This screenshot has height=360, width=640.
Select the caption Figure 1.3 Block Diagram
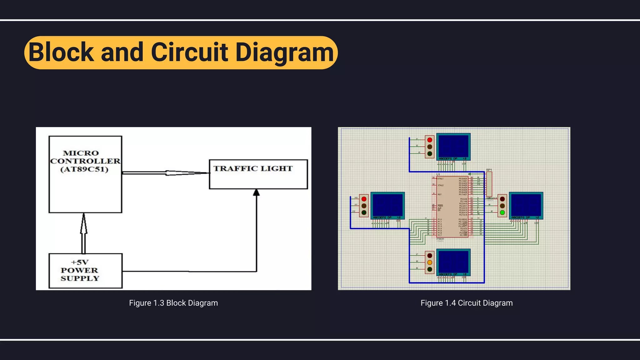pyautogui.click(x=173, y=303)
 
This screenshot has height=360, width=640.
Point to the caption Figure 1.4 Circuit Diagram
pyautogui.click(x=467, y=303)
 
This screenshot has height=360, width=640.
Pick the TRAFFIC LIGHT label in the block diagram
pyautogui.click(x=253, y=169)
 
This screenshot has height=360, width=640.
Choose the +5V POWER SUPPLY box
pyautogui.click(x=85, y=271)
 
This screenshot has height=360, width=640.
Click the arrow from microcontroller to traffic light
pyautogui.click(x=166, y=173)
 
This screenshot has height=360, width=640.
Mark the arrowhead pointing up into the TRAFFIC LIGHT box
pyautogui.click(x=256, y=192)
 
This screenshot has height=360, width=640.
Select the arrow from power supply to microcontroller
pyautogui.click(x=83, y=233)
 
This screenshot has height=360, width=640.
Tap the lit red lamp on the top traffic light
pyautogui.click(x=430, y=140)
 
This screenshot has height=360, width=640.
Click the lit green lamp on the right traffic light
pyautogui.click(x=502, y=213)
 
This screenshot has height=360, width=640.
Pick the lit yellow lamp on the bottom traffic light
pyautogui.click(x=430, y=262)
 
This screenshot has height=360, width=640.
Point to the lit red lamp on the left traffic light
pyautogui.click(x=364, y=199)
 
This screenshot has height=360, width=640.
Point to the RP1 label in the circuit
pyautogui.click(x=489, y=170)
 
